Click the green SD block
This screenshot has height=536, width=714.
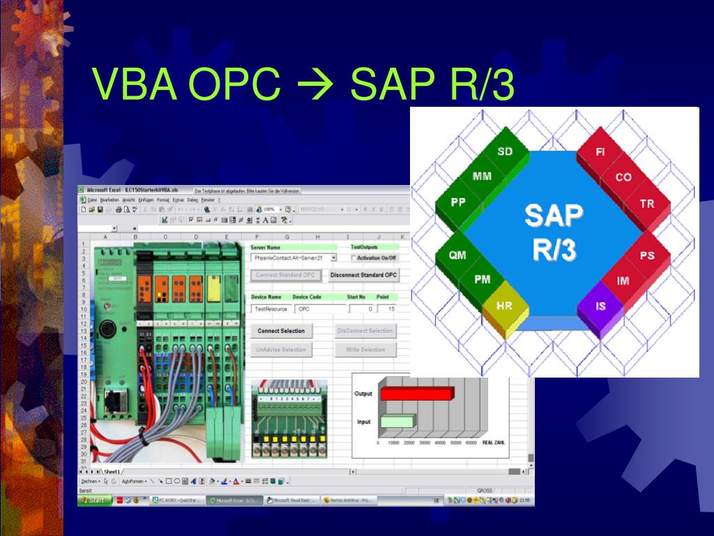coord(504,152)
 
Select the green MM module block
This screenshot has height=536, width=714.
coord(481,177)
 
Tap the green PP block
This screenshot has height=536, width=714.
coord(458,202)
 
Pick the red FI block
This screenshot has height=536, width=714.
coord(600,151)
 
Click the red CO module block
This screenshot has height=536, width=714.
coord(623,177)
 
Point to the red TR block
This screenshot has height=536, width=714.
coord(647,204)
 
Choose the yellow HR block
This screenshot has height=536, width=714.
coord(504,306)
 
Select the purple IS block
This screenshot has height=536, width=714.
coord(601,306)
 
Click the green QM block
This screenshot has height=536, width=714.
coord(457,255)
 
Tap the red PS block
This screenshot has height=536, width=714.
coord(647,255)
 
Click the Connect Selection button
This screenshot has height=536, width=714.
coord(281,330)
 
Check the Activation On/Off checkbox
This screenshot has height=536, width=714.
coord(355,258)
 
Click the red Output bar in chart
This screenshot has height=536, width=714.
coord(416,394)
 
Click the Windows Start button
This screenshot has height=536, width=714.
coord(93,500)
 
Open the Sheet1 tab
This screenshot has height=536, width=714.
coord(114,472)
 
